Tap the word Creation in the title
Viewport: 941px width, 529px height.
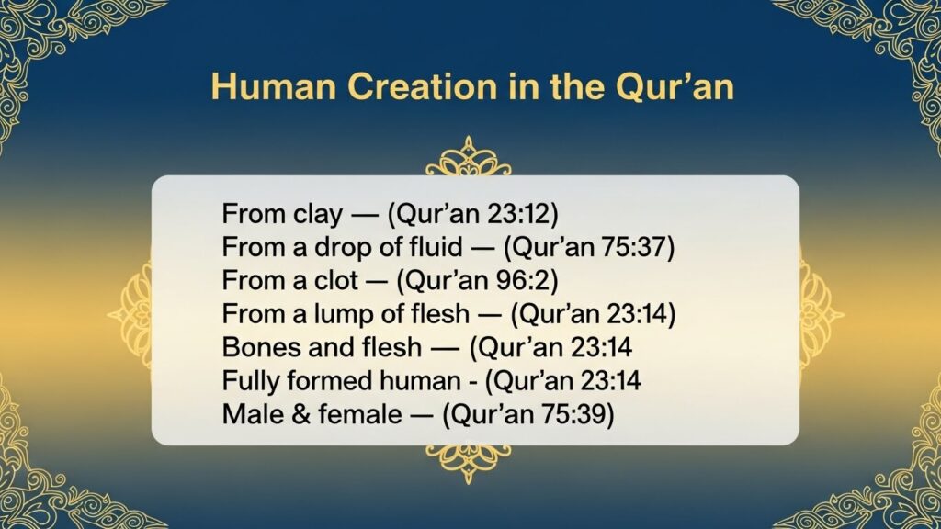[x=423, y=86]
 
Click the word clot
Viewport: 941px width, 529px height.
[x=336, y=281]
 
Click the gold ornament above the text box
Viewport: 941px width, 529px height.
[x=468, y=156]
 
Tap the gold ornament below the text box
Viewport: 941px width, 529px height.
[x=468, y=463]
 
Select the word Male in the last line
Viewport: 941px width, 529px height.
[x=252, y=414]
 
